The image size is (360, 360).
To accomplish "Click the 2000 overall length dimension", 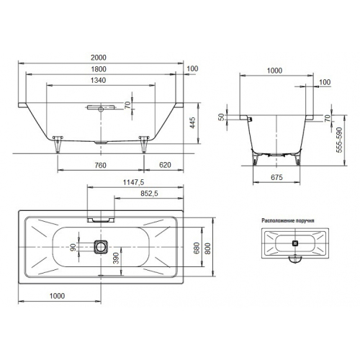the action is pos(99,58).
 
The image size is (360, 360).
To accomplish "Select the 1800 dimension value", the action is pos(99,69).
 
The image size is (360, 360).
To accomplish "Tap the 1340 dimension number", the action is pos(99,80).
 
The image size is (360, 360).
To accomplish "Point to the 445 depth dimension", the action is pos(192,122).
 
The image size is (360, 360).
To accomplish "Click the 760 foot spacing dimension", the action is pos(100,165).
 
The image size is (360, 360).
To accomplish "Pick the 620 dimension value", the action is pos(165,165).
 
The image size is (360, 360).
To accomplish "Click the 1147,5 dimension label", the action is pos(133,182).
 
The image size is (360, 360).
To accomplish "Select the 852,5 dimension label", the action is pos(149,194).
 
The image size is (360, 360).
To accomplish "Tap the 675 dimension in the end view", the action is pos(276,177).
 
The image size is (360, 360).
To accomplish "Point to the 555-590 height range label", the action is pos(339,140).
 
